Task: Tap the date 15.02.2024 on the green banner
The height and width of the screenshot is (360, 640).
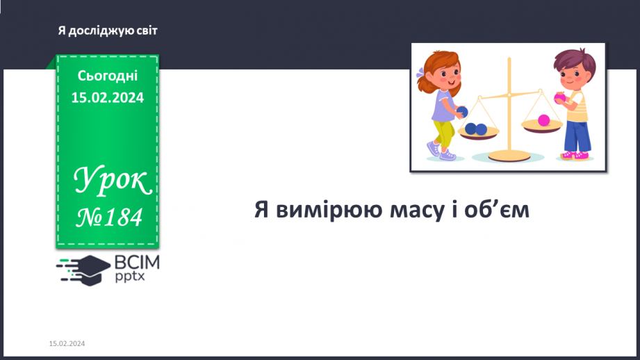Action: pos(108,98)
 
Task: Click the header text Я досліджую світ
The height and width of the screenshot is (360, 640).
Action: pos(108,31)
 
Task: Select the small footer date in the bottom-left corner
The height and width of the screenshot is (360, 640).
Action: pos(67,344)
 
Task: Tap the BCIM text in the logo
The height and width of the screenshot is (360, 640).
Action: pos(136,263)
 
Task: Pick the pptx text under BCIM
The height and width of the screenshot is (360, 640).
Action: pos(131,277)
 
